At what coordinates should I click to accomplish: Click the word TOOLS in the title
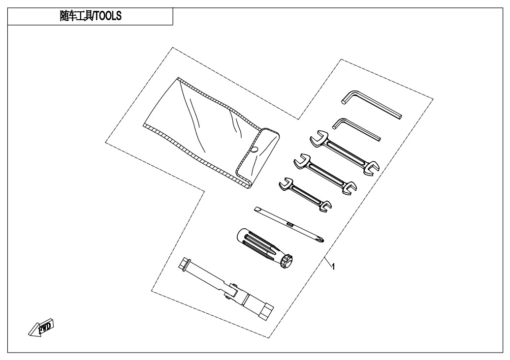[x=108, y=16]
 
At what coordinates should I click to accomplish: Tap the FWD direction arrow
[x=41, y=327]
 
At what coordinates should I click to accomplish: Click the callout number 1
[x=333, y=267]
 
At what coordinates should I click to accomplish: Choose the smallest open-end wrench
[x=305, y=194]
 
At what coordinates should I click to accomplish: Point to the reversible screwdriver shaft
[x=289, y=224]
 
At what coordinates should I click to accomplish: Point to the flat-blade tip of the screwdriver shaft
[x=257, y=209]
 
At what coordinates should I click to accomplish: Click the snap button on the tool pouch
[x=255, y=150]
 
